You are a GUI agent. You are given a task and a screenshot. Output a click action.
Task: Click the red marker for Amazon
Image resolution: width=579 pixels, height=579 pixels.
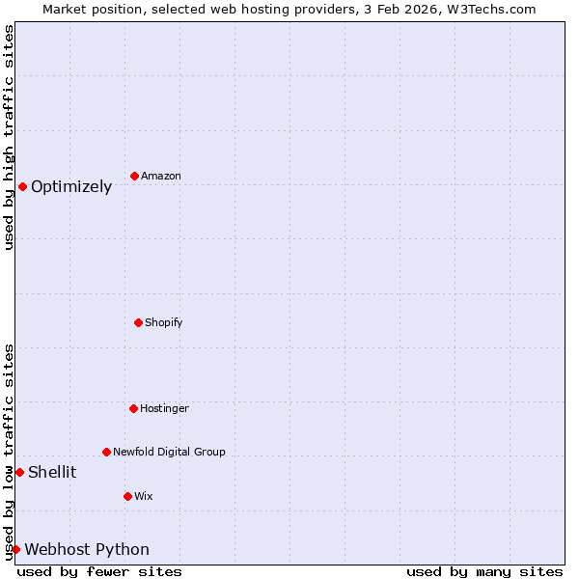(134, 176)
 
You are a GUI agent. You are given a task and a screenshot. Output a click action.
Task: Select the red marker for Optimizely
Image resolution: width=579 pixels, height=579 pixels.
(22, 186)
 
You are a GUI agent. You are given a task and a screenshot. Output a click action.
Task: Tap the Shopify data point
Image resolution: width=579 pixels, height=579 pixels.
(138, 322)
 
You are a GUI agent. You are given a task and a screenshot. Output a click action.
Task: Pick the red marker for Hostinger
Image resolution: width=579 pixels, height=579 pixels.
(133, 408)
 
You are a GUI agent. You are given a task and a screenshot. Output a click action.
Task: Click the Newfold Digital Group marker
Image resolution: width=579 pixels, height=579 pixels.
(106, 452)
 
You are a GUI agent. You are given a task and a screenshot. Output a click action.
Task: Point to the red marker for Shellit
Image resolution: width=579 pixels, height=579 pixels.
(19, 472)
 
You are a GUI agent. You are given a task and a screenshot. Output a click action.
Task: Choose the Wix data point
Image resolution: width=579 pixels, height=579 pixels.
(127, 496)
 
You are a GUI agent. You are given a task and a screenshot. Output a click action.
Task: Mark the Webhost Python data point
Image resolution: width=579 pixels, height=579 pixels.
(15, 549)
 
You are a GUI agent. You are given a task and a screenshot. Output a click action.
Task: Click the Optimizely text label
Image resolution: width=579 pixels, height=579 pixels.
(71, 187)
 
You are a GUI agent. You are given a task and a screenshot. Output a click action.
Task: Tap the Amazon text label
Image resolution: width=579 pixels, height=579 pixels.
(161, 177)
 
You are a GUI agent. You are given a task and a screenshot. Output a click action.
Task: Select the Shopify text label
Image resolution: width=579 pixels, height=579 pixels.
(164, 322)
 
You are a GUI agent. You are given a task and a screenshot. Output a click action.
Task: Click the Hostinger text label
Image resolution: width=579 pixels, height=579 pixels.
(164, 409)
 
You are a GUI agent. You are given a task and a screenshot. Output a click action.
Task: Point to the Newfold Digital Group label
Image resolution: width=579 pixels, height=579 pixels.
(169, 452)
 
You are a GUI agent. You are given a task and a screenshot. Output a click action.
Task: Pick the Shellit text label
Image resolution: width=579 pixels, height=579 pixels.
(52, 473)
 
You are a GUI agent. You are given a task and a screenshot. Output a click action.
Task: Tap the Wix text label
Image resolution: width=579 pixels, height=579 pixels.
(144, 497)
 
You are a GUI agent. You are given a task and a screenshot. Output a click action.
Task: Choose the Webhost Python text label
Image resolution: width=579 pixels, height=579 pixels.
(87, 550)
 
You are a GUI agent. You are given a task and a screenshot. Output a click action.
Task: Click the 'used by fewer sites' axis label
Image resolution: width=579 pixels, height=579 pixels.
(99, 571)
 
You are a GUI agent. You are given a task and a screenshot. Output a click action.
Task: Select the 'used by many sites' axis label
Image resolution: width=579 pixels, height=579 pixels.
(484, 571)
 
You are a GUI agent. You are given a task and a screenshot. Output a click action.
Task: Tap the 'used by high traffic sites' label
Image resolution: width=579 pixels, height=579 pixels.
(9, 137)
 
